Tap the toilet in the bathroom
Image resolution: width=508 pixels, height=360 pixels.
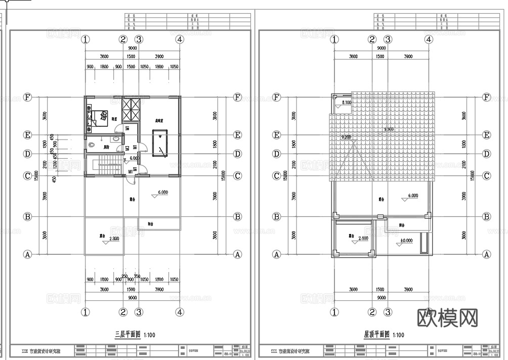92,146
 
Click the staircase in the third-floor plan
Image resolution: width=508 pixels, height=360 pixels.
106,164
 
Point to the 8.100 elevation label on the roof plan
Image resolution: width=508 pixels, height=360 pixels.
347,103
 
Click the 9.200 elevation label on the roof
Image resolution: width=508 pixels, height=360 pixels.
347,137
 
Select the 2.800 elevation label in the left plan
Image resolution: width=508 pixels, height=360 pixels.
113,238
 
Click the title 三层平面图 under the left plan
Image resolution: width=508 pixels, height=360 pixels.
127,334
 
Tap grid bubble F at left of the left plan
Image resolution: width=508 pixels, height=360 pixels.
28,98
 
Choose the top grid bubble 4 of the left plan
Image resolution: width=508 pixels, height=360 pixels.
180,39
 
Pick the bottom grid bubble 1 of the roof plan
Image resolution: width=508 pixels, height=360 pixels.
334,312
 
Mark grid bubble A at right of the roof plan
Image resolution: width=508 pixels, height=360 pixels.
487,254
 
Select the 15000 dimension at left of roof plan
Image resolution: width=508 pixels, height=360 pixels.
286,175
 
